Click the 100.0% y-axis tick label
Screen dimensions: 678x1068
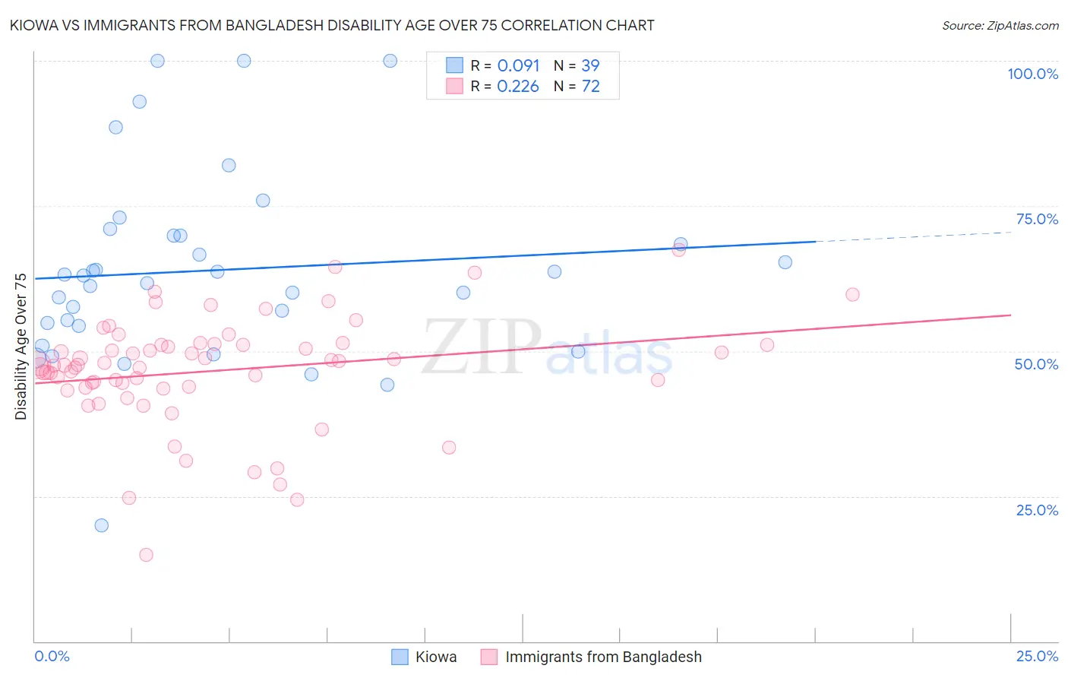[x=1032, y=74]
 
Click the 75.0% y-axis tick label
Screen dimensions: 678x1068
[x=1037, y=219]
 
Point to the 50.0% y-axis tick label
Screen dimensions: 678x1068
[x=1036, y=364]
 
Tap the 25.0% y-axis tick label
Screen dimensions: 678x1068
[x=1037, y=510]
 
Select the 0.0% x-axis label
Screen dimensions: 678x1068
[x=52, y=656]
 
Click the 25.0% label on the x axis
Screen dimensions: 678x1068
[x=1037, y=656]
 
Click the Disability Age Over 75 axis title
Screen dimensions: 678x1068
[x=21, y=347]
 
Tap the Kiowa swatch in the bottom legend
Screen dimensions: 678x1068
[x=400, y=657]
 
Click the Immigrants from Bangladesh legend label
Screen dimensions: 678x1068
[x=603, y=657]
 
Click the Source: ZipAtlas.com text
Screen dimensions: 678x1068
[x=1000, y=26]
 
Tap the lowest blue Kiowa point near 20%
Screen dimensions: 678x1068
[x=101, y=525]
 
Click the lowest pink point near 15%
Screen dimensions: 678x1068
[x=146, y=555]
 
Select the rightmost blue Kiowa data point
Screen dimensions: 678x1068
[x=785, y=262]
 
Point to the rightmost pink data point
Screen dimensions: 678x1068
[x=852, y=294]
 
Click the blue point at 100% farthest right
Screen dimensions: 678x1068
[x=390, y=61]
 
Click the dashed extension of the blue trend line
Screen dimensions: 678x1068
[x=912, y=236]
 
